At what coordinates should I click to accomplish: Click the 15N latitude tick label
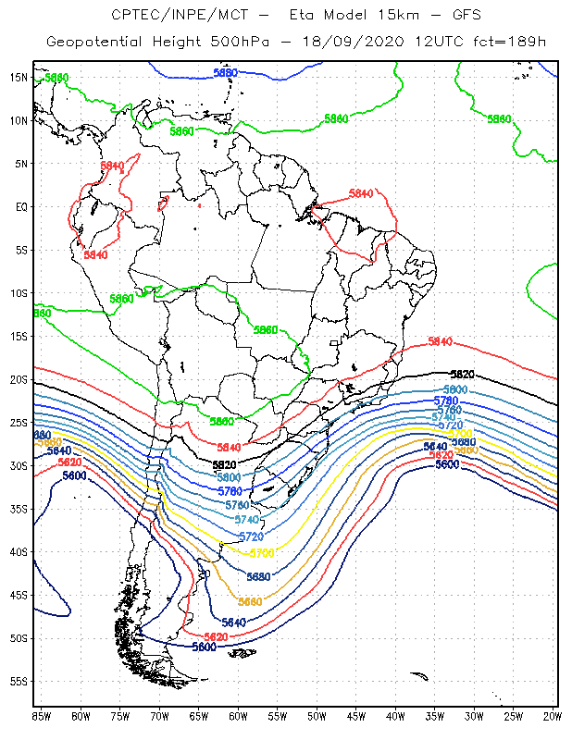pos(19,77)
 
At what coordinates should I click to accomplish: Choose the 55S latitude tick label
pos(19,682)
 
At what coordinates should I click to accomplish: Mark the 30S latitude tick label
pos(19,465)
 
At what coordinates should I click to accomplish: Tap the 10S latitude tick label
pos(19,293)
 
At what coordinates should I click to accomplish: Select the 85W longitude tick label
pos(42,715)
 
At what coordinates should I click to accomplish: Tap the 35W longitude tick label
pos(436,715)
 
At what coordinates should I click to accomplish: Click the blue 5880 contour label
pos(225,72)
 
